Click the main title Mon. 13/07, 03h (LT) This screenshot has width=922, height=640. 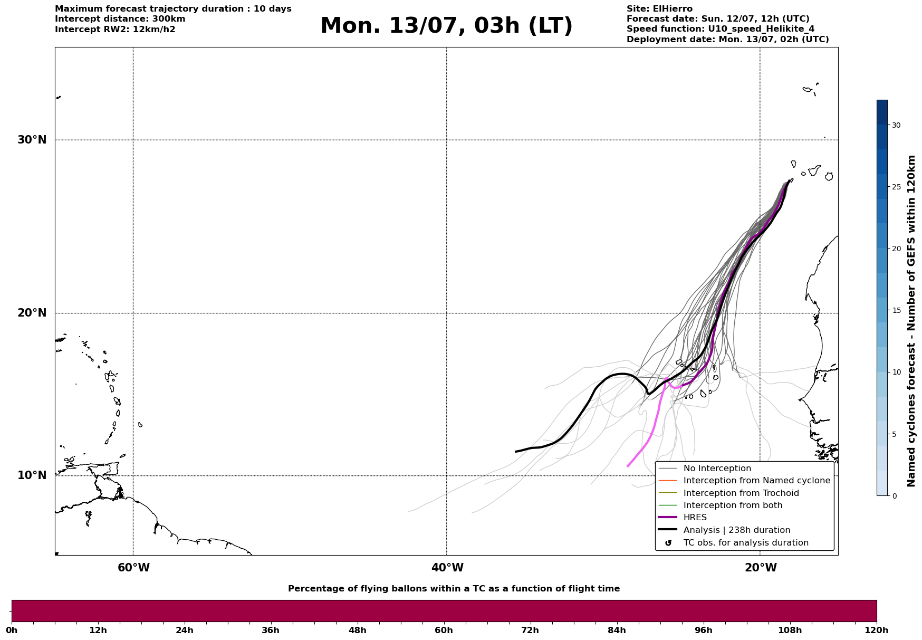tap(446, 26)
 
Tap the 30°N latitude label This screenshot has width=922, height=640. tap(32, 140)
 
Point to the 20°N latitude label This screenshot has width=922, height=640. tap(32, 313)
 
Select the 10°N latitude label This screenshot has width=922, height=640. tap(32, 475)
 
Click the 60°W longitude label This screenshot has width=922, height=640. tap(133, 568)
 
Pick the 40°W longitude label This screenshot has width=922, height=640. tap(447, 568)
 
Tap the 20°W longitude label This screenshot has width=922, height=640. tap(761, 568)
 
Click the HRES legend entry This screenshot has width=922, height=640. tap(695, 518)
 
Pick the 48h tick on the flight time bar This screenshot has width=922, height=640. tap(358, 630)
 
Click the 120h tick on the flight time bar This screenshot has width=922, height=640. tap(877, 630)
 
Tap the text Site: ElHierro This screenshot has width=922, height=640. tap(659, 9)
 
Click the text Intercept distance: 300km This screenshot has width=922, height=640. tap(120, 19)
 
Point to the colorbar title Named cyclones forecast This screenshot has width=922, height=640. tap(911, 321)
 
